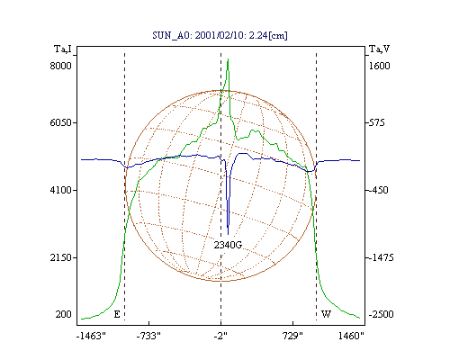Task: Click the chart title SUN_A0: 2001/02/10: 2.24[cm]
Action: [220, 35]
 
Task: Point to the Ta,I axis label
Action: [63, 49]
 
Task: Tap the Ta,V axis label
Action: [379, 49]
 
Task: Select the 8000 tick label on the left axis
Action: [60, 66]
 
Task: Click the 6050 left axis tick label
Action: [60, 122]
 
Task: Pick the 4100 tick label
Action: [60, 190]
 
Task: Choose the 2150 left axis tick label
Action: [60, 257]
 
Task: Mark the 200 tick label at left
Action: [63, 314]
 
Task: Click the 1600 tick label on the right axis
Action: [379, 66]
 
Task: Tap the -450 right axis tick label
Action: [378, 190]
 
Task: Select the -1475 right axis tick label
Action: [381, 257]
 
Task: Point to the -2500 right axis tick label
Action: [381, 314]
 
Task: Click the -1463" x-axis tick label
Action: [91, 336]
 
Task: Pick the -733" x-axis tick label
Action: [148, 336]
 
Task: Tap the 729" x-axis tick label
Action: [293, 336]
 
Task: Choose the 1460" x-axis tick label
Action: [351, 336]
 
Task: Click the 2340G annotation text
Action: [228, 245]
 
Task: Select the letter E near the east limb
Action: [117, 314]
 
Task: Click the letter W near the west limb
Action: [326, 314]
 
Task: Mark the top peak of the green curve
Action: [229, 59]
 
